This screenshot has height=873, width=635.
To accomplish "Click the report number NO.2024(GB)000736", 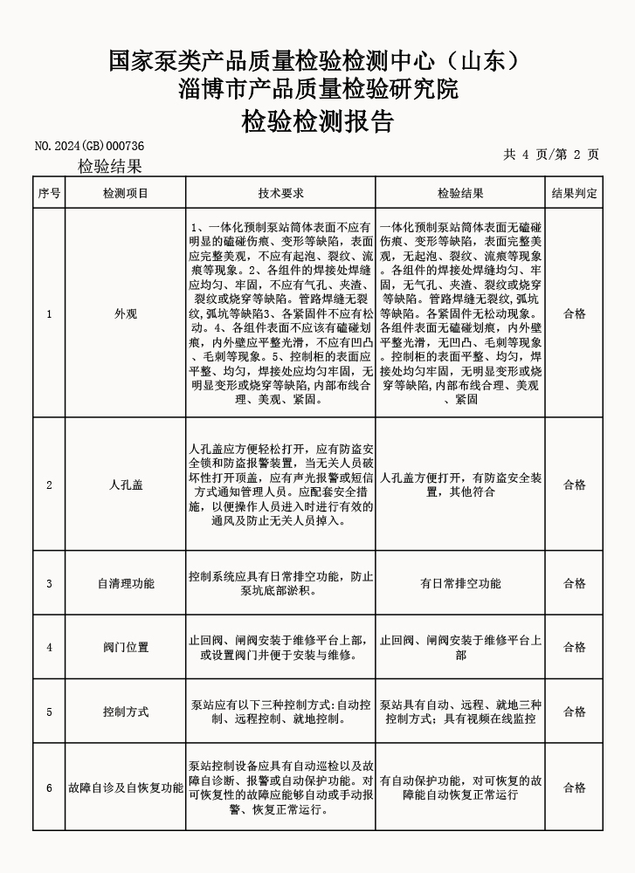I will click(89, 146).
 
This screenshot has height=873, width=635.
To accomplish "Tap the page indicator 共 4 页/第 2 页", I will click(551, 155).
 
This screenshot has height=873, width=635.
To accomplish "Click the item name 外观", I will click(126, 314).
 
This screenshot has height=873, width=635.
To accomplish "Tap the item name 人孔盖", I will click(126, 485).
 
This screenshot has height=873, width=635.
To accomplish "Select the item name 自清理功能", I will click(126, 583).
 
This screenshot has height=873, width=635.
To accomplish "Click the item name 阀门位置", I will click(126, 647).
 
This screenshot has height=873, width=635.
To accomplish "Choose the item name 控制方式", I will click(126, 711).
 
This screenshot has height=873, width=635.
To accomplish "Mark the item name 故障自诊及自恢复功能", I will click(126, 787).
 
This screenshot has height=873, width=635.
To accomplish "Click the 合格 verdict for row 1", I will click(574, 314).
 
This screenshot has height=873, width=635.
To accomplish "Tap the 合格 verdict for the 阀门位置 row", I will click(574, 647).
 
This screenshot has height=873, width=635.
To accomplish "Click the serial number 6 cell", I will click(49, 787).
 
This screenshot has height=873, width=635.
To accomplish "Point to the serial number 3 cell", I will click(49, 583).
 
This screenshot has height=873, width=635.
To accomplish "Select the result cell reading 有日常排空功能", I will click(460, 583).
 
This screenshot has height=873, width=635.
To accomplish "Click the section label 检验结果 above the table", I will click(110, 167).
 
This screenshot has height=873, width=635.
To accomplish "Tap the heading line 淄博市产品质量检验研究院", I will click(317, 90).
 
